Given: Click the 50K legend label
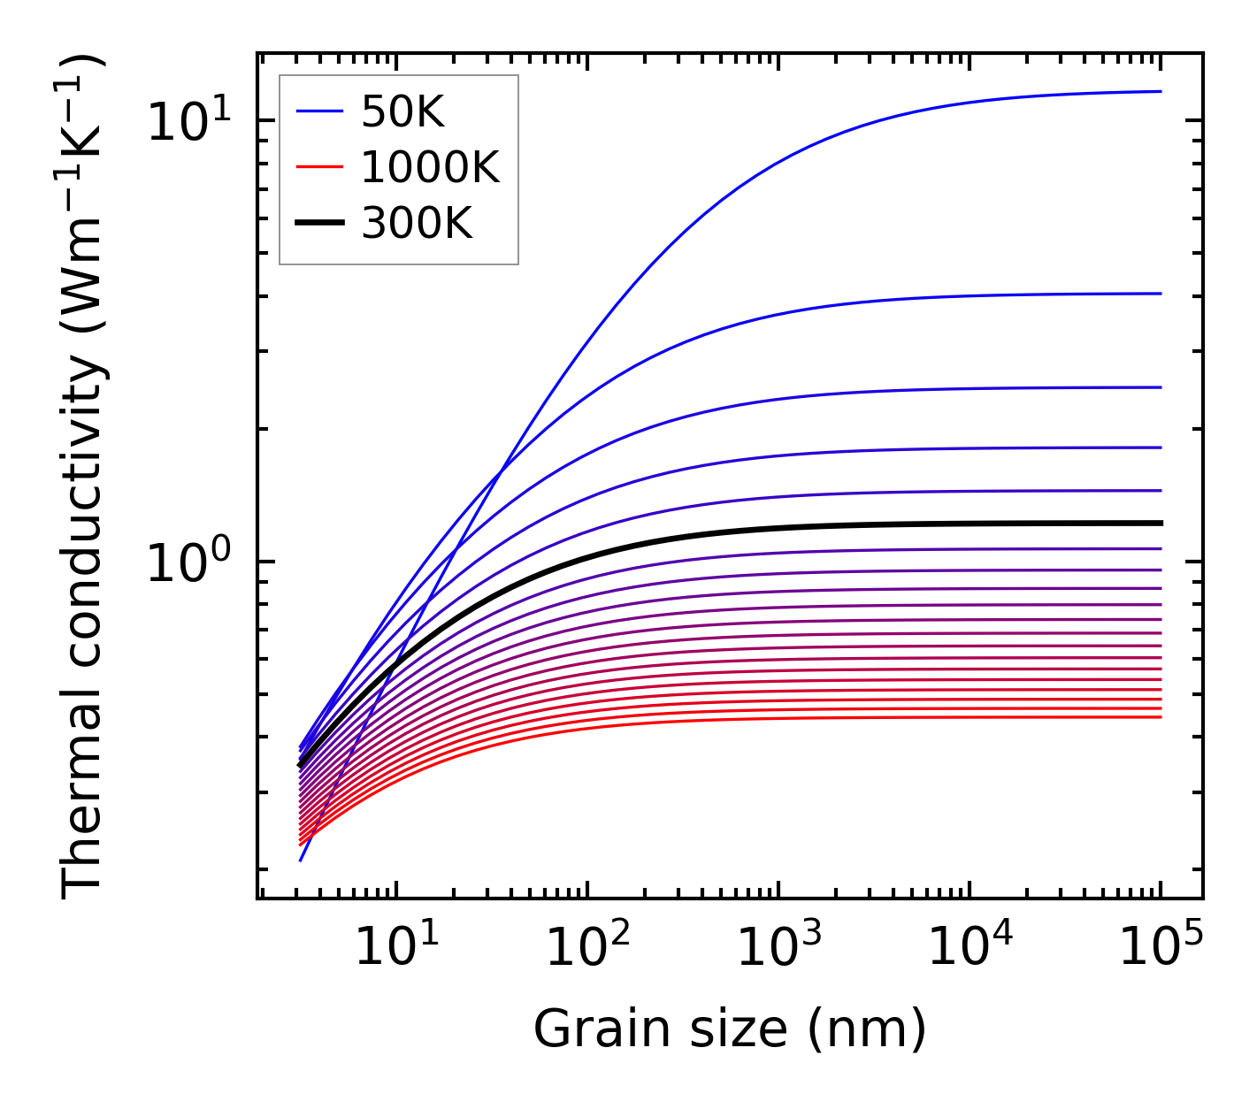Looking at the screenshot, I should [402, 112].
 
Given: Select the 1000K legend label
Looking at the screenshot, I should [430, 168].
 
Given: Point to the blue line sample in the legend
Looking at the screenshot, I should [319, 111].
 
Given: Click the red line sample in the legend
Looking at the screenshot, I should [319, 167].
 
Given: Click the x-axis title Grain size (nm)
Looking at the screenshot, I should [730, 1029].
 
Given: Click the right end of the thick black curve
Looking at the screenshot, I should [1160, 524].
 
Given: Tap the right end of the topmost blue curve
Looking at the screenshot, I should [1160, 91].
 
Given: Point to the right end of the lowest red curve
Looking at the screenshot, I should [1160, 716].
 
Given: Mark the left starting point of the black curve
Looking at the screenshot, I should [301, 764].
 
